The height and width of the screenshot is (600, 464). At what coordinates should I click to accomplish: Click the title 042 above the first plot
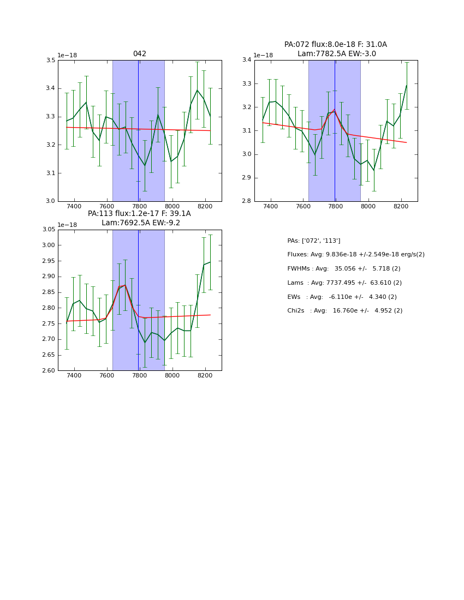coord(139,54)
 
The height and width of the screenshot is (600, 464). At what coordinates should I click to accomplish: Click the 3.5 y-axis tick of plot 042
coord(50,60)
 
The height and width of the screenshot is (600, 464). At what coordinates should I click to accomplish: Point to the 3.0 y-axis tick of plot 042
coord(50,201)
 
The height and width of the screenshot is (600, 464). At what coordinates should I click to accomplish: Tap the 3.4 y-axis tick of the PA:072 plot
coord(247,60)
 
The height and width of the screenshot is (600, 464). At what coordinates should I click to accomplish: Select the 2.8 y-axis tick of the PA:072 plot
coord(247,201)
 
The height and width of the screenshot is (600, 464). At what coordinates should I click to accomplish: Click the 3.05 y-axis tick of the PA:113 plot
coord(49,230)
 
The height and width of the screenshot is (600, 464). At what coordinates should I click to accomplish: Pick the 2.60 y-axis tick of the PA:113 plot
coord(49,371)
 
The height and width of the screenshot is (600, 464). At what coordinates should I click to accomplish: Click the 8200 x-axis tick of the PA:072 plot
coord(401,207)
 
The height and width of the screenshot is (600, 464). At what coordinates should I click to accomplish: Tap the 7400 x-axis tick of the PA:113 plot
coord(74,377)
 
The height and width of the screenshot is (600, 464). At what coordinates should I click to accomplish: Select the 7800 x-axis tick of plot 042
coord(140,207)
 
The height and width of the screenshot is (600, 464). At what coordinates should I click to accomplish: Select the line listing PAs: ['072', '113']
coord(314,241)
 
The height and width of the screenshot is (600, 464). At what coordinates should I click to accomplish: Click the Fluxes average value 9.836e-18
coord(344,255)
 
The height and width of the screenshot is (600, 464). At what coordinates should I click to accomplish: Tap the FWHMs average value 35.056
coord(346,269)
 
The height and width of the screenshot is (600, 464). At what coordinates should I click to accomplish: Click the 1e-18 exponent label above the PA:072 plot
coord(264,56)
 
